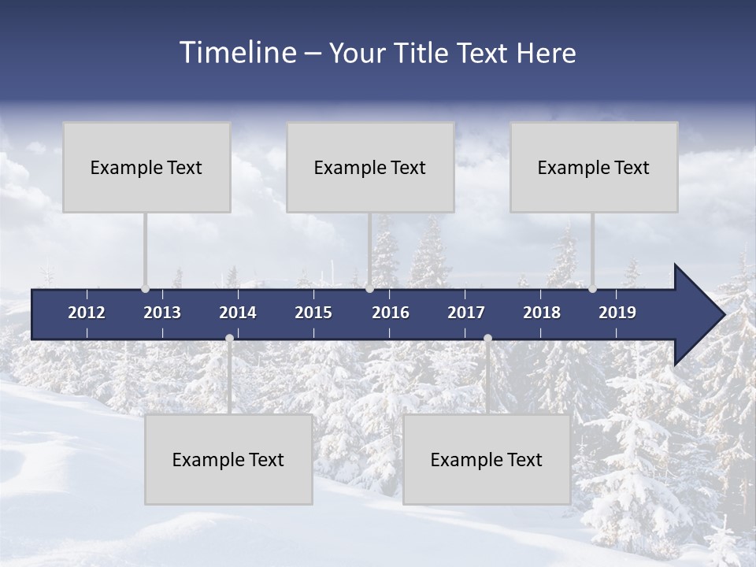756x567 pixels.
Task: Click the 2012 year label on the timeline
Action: tap(87, 313)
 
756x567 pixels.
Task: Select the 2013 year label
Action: tap(162, 313)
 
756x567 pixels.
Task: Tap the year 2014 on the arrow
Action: tap(238, 313)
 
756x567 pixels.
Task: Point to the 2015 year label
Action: tap(313, 313)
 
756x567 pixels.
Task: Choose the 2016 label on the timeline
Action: tap(391, 313)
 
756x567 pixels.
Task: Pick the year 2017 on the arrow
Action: tap(466, 313)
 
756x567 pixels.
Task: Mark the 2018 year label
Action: tap(542, 313)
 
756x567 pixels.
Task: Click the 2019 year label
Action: tap(617, 313)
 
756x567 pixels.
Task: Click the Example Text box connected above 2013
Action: tap(146, 167)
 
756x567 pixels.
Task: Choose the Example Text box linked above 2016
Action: tap(370, 167)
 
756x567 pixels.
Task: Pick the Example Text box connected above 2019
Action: tap(594, 167)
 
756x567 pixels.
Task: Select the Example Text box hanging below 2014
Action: tap(228, 460)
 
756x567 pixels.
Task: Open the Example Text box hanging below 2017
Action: tap(487, 460)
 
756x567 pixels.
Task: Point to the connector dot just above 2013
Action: tap(146, 289)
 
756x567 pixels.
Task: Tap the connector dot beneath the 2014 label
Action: tap(229, 339)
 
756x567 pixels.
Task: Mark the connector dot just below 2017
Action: tap(487, 339)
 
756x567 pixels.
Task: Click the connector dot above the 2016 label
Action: tap(369, 289)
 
